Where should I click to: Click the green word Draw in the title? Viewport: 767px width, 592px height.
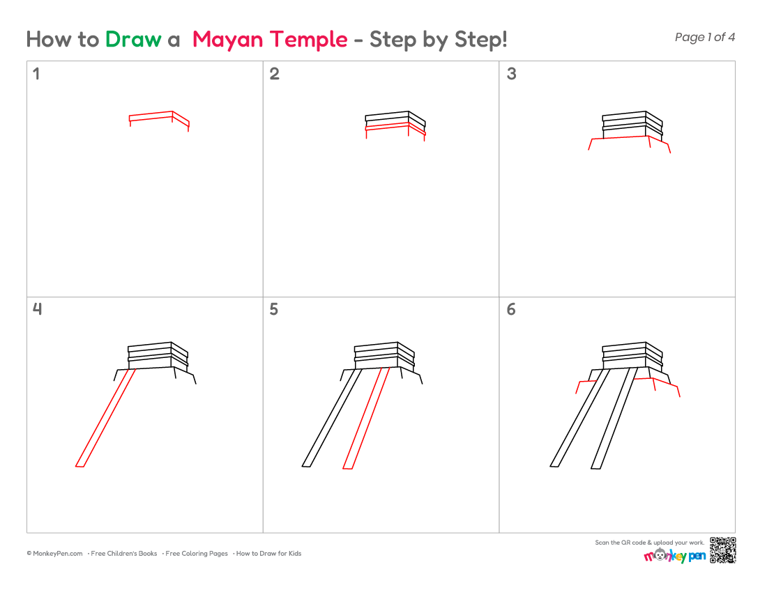133,40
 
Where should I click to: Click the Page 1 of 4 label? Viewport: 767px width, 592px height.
704,37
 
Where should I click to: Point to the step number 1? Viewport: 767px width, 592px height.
36,74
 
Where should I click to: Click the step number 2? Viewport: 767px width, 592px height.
275,74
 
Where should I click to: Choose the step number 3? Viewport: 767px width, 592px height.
511,74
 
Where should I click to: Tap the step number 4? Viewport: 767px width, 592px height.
37,309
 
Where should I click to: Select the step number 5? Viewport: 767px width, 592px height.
274,309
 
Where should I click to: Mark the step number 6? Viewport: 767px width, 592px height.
511,309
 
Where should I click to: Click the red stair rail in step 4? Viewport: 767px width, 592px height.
106,418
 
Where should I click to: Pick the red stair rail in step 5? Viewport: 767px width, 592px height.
366,418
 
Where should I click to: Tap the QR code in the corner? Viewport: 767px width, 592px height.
722,550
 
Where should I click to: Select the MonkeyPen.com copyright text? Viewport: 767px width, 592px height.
55,554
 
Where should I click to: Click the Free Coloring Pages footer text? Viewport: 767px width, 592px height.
196,554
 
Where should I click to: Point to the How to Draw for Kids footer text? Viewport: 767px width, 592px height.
268,554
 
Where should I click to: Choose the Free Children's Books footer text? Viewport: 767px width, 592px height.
123,554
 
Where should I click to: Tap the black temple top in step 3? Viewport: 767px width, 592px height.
632,125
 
